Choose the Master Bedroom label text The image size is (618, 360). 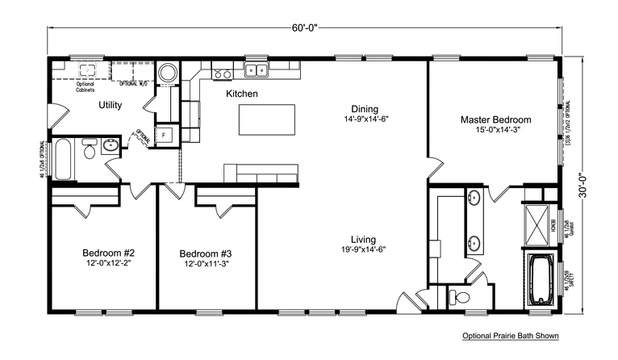495,119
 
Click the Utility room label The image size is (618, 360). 111,106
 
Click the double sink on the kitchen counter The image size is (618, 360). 257,71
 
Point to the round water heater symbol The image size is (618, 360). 168,73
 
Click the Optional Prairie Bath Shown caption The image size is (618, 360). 511,335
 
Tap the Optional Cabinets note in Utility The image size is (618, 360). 86,86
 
